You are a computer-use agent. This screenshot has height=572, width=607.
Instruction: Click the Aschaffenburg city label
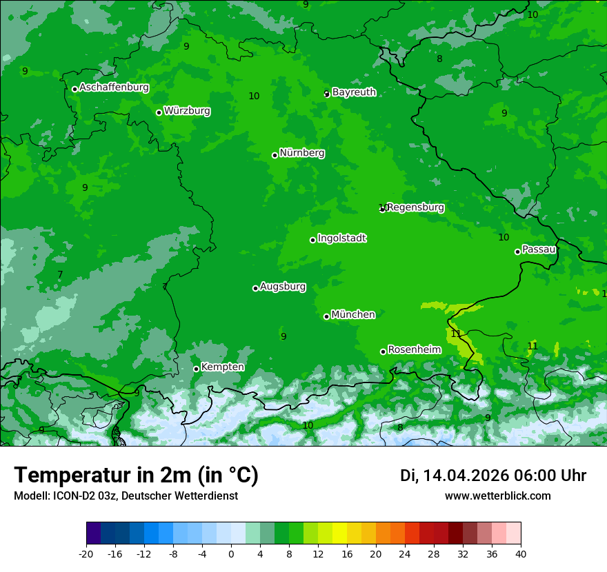pyautogui.click(x=114, y=88)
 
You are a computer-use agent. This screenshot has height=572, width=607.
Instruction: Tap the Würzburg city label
pyautogui.click(x=187, y=111)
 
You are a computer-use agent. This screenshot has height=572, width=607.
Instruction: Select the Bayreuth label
pyautogui.click(x=354, y=92)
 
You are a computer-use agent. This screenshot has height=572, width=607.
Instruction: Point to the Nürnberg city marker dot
pyautogui.click(x=275, y=155)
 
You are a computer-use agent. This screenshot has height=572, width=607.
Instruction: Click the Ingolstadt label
pyautogui.click(x=341, y=238)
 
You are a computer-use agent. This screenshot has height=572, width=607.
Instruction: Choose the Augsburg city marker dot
pyautogui.click(x=255, y=288)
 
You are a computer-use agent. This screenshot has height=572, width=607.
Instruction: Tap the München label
pyautogui.click(x=353, y=315)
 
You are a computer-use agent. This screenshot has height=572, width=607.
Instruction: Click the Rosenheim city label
pyautogui.click(x=414, y=350)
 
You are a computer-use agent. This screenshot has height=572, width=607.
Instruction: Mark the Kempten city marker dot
pyautogui.click(x=196, y=369)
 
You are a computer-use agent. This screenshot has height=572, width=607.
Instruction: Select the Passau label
pyautogui.click(x=539, y=249)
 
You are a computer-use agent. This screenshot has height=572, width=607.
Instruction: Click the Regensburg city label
pyautogui.click(x=415, y=207)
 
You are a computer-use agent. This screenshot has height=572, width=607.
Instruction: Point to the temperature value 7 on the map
pyautogui.click(x=60, y=275)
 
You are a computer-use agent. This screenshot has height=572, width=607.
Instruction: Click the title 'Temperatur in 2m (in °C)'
pyautogui.click(x=136, y=476)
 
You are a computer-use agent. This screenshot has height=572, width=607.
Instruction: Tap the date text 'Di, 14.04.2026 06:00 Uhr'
pyautogui.click(x=493, y=476)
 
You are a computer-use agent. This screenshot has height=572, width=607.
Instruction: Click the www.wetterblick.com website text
pyautogui.click(x=497, y=496)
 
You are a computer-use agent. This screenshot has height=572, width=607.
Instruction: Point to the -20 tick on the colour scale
pyautogui.click(x=86, y=553)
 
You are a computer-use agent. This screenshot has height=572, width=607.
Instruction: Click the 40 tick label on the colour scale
pyautogui.click(x=521, y=553)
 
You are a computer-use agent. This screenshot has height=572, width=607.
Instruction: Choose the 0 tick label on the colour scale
pyautogui.click(x=231, y=553)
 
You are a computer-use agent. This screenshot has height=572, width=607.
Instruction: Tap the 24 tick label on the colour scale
pyautogui.click(x=405, y=553)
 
